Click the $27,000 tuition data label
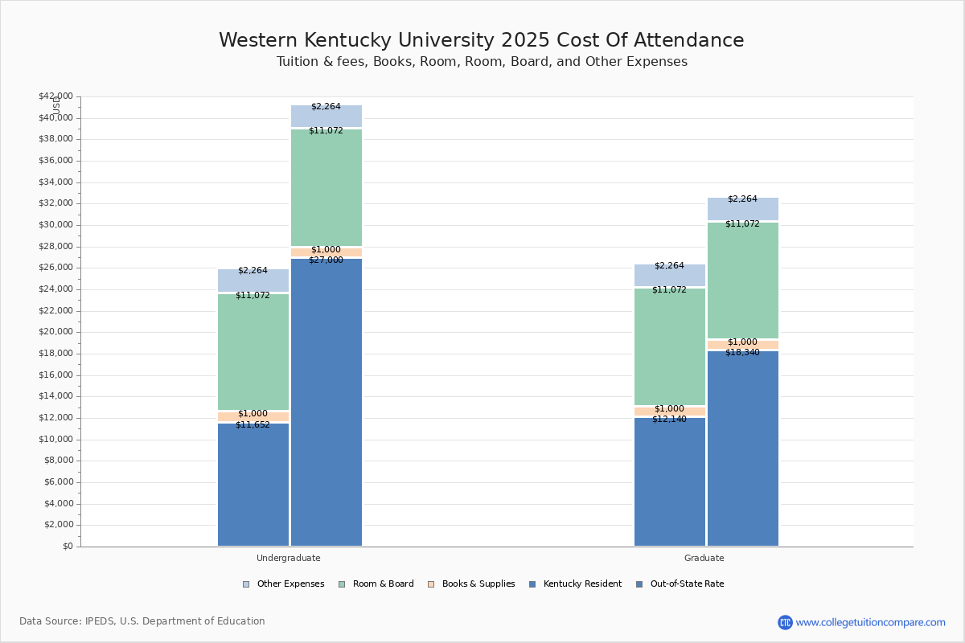pyautogui.click(x=326, y=260)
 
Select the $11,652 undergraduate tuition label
pyautogui.click(x=253, y=425)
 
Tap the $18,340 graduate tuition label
pyautogui.click(x=742, y=352)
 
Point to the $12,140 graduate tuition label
pyautogui.click(x=669, y=420)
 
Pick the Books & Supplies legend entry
pyautogui.click(x=472, y=584)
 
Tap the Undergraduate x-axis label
pyautogui.click(x=288, y=558)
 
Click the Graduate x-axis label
pyautogui.click(x=704, y=558)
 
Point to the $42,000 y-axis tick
pyautogui.click(x=55, y=96)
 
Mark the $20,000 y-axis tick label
pyautogui.click(x=55, y=332)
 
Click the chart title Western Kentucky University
pyautogui.click(x=481, y=41)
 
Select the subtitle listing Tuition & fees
pyautogui.click(x=481, y=62)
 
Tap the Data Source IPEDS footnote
pyautogui.click(x=142, y=621)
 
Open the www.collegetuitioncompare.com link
pyautogui.click(x=870, y=622)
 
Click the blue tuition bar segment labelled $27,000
pyautogui.click(x=326, y=402)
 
